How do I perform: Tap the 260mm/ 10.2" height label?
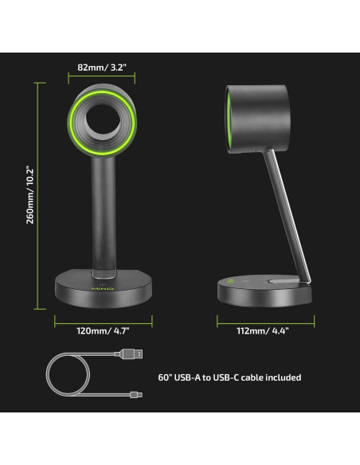tap(30, 194)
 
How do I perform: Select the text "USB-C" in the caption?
tap(219, 377)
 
